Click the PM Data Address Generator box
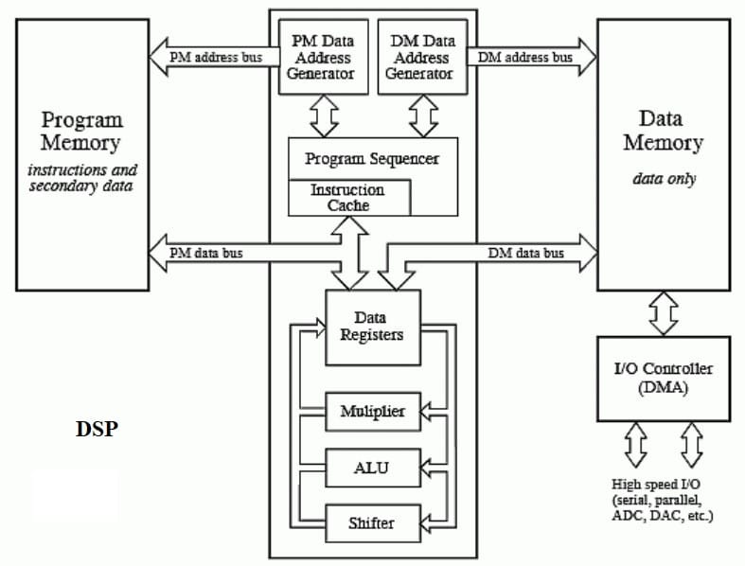tap(323, 56)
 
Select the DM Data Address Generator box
tap(421, 56)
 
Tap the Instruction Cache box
tap(348, 197)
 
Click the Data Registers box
tap(372, 327)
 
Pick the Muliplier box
tap(372, 412)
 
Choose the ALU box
tap(372, 468)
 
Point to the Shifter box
tap(372, 522)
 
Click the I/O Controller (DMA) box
tap(663, 378)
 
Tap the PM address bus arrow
tap(213, 58)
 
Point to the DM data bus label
tap(525, 253)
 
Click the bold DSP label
tap(97, 429)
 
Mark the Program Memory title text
tap(82, 132)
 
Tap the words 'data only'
tap(663, 179)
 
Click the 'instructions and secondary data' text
tap(82, 178)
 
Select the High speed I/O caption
tap(663, 500)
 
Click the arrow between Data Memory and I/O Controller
tap(663, 312)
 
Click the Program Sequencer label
tap(372, 159)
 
